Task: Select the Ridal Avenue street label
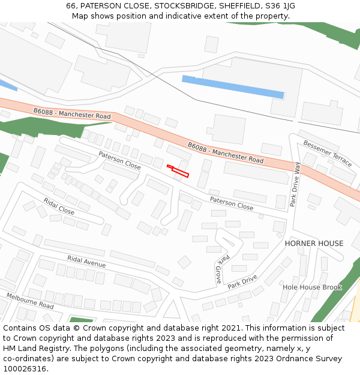click(86, 262)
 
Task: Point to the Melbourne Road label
click(30, 301)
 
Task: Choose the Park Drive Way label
click(295, 184)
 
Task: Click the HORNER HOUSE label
click(314, 244)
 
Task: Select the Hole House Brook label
click(312, 287)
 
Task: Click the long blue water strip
click(233, 86)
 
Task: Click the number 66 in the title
click(71, 6)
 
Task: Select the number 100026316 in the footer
click(24, 369)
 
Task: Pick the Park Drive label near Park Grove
click(242, 281)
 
